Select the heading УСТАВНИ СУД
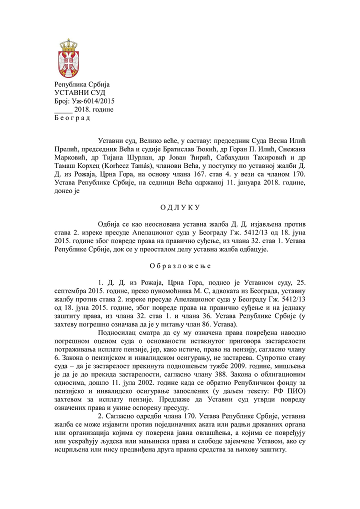coord(75,93)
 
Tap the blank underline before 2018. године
coord(63,109)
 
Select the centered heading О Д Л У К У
coord(179,207)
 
